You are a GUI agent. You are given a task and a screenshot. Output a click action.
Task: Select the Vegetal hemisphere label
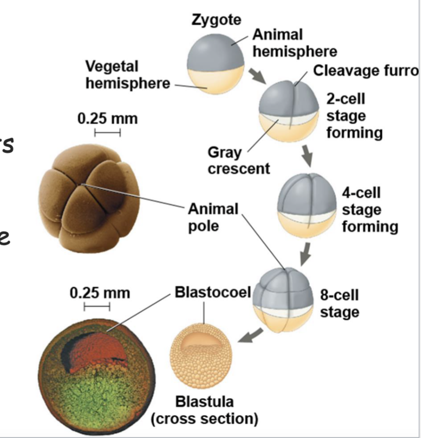click(x=128, y=74)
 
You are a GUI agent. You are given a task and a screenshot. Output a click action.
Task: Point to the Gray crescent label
click(x=239, y=161)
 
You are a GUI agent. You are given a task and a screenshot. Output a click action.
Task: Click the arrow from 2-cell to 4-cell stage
click(x=307, y=155)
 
